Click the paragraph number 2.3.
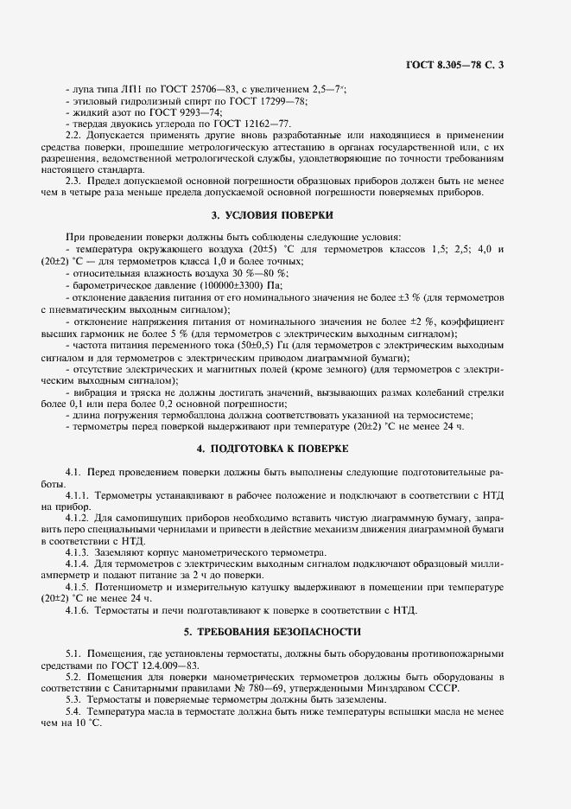[73, 181]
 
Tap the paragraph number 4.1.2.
[78, 516]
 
